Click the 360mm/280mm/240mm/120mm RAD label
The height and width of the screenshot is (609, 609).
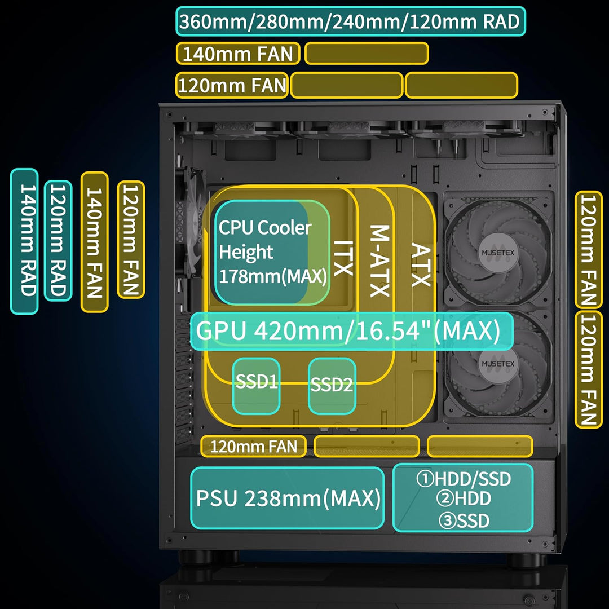pos(350,21)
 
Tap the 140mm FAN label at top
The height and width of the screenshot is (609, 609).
pos(238,54)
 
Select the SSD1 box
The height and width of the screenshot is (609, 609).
pos(257,384)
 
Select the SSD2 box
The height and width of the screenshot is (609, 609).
pos(332,385)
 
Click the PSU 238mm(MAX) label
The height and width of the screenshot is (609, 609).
pos(288,498)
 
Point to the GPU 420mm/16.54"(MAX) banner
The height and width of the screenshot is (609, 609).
pos(352,332)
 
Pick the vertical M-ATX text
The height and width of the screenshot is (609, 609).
pos(379,261)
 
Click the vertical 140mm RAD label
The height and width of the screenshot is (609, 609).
pos(25,241)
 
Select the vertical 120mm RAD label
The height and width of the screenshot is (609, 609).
pos(58,241)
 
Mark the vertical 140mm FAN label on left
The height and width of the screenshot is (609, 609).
pos(94,242)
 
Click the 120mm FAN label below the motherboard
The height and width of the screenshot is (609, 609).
pos(253,447)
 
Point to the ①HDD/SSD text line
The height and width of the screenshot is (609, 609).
pos(464,479)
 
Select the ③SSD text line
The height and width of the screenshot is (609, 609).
pos(464,520)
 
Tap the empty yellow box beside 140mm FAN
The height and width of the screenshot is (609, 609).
pos(367,54)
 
